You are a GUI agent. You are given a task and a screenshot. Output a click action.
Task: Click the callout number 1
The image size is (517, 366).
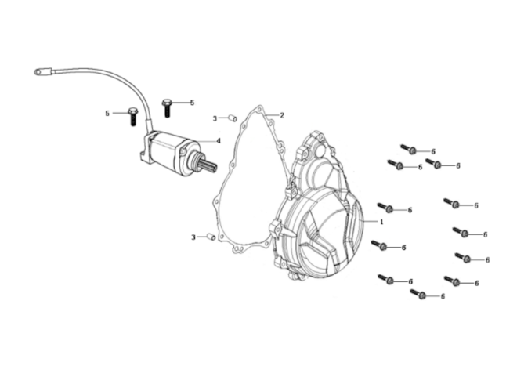point(381,222)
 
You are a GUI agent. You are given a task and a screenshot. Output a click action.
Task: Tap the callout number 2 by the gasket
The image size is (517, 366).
point(282,115)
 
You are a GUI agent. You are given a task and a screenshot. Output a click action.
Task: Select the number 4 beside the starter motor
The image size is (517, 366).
point(219,141)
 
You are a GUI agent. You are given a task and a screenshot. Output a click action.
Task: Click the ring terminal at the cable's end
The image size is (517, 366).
point(38,71)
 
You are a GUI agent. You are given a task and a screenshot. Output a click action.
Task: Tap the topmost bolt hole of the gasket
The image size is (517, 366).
point(259,109)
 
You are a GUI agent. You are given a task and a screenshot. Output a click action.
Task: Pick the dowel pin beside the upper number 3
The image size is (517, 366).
point(233,118)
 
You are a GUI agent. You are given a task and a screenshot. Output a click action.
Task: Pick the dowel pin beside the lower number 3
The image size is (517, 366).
point(211,237)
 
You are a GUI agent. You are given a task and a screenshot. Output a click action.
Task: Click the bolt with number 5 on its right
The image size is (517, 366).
point(167,107)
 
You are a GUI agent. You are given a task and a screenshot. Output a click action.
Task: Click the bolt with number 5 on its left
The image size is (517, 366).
point(132,116)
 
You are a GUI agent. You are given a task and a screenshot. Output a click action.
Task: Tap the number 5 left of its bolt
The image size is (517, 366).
point(107,114)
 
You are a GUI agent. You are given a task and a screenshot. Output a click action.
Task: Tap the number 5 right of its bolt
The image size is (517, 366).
point(192,103)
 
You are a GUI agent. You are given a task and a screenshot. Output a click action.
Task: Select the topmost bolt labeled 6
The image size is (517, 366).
point(408,149)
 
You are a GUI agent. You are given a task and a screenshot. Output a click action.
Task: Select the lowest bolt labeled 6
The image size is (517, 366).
point(418,294)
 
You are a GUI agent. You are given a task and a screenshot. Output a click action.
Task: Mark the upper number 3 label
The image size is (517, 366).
point(215,118)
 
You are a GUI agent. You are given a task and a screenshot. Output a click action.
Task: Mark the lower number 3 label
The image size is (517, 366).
point(193,237)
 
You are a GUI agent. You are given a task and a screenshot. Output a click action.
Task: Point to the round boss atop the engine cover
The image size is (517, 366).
point(320,150)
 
